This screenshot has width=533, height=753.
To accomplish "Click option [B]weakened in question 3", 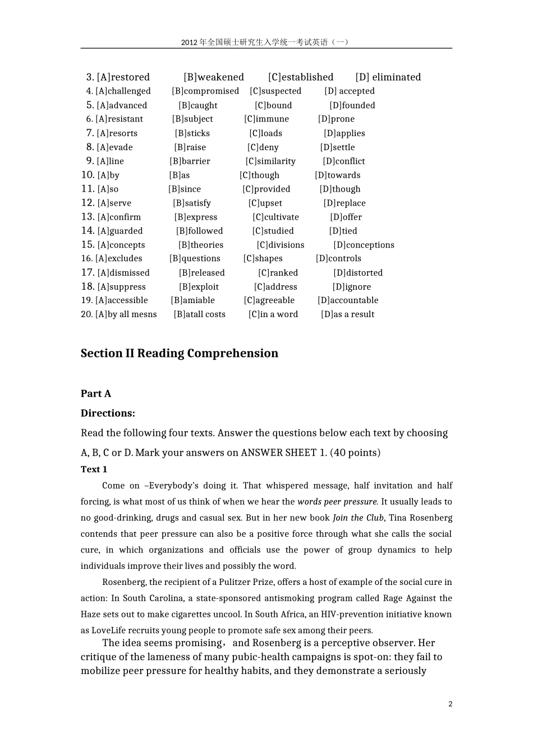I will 214,77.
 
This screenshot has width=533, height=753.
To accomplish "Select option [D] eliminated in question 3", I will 388,77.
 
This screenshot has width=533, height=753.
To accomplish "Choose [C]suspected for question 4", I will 275,91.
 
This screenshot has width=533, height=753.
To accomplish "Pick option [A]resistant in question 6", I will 119,119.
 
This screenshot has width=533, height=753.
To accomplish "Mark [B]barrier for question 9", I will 190,161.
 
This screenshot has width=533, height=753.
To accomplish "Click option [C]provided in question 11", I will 266,189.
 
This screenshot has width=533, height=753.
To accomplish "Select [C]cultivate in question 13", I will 275,217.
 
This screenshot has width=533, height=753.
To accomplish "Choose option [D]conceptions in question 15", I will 364,245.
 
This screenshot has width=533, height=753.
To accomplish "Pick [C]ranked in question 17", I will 278,273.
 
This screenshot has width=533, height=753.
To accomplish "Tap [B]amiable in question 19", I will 192,300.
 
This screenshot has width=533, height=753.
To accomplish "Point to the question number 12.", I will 88,203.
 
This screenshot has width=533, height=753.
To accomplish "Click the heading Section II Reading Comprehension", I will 179,354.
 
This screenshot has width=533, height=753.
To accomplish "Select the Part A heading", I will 96,394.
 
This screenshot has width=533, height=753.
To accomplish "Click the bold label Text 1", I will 94,470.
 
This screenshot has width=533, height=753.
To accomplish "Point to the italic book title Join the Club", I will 358,518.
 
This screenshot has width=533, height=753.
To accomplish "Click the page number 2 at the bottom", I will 450,704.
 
